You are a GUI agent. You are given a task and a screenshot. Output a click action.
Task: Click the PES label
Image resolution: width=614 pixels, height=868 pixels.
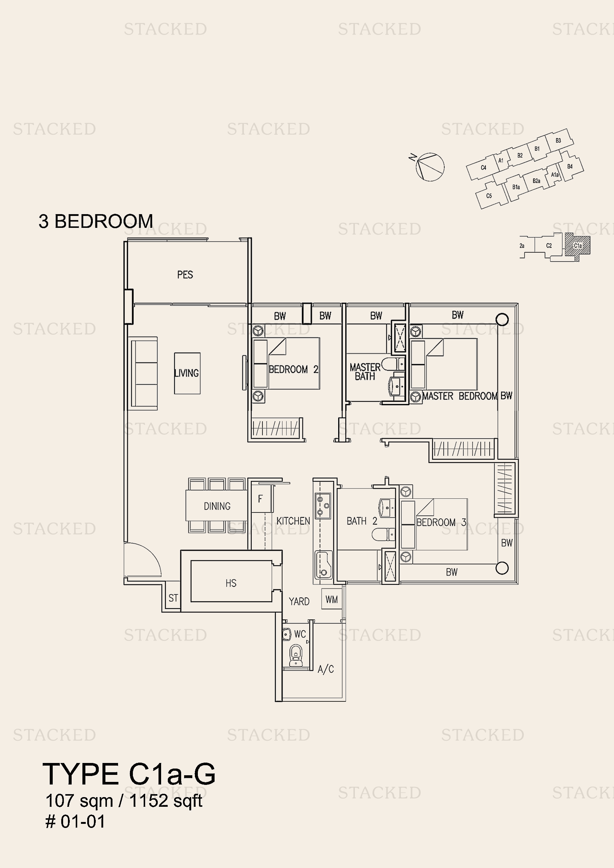coord(185,275)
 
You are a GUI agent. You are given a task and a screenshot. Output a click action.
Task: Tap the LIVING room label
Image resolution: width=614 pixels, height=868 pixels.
coord(186,373)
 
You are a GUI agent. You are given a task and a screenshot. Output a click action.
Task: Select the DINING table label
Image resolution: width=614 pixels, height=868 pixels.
coord(217,506)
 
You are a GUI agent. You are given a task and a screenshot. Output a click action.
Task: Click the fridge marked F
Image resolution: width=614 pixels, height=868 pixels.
coord(260,499)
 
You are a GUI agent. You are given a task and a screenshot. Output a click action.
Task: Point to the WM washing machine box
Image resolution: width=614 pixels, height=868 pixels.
coord(332,599)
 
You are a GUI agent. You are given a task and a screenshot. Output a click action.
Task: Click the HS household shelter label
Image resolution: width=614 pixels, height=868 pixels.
coord(231,583)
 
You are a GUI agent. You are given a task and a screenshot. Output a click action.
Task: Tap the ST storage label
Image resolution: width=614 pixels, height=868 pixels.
coord(173,598)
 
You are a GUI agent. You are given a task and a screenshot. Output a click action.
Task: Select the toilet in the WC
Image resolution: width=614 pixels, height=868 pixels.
coord(295,655)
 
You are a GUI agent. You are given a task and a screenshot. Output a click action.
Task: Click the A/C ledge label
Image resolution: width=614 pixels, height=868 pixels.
coord(326,669)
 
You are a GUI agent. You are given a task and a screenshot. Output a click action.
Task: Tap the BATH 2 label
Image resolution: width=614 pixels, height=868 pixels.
coord(362,521)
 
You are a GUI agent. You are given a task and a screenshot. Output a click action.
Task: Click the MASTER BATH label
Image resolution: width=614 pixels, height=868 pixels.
coord(365,371)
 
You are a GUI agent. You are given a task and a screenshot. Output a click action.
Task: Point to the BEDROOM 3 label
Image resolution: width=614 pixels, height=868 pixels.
coord(441,523)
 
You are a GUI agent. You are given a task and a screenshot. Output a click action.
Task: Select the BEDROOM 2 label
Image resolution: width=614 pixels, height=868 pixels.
coord(293,369)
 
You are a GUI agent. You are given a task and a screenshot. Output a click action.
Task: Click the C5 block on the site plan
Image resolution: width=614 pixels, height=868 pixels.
coord(489,196)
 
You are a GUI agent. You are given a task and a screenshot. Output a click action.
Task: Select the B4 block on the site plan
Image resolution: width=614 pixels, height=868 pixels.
coord(570,166)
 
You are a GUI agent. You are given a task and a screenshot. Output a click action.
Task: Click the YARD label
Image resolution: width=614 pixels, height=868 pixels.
coord(299,602)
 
